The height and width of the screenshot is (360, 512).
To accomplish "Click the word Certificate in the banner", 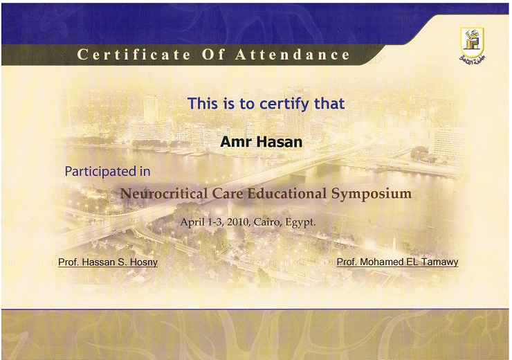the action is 134,55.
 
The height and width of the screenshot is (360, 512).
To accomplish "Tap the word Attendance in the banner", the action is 293,55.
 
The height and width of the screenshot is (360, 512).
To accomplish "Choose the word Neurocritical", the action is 163,193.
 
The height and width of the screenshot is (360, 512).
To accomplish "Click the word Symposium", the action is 372,193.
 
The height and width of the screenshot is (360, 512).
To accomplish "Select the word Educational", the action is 287,193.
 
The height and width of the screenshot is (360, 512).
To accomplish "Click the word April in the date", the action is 192,222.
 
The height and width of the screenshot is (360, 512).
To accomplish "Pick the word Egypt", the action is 300,223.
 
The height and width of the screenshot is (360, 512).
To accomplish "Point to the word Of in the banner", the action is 214,55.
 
